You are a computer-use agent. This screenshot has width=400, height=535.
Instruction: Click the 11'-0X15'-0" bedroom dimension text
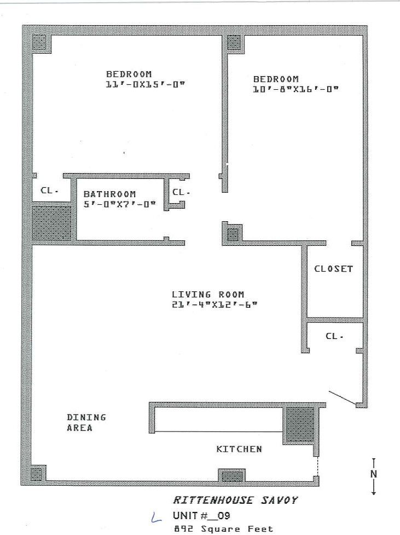(x=145, y=84)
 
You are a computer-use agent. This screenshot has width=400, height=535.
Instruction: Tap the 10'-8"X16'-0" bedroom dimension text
(x=295, y=89)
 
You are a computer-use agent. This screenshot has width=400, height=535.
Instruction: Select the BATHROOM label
(x=109, y=194)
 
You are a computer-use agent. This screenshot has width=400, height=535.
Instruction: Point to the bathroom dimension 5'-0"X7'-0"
(x=120, y=204)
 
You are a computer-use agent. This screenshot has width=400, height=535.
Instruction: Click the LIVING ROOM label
(x=208, y=294)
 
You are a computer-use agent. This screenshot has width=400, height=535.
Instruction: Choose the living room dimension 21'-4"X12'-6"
(x=215, y=304)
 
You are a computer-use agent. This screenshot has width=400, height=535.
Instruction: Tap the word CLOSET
(x=333, y=269)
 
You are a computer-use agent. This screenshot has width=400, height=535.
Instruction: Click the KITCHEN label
(x=239, y=449)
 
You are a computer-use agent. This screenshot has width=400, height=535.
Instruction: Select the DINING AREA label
(x=86, y=422)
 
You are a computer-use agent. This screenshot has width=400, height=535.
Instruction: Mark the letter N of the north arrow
(x=374, y=474)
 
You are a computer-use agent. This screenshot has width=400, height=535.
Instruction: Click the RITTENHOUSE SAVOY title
(x=236, y=500)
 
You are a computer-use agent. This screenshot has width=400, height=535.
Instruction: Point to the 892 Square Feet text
(x=224, y=529)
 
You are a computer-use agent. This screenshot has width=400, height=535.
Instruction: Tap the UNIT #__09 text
(x=201, y=515)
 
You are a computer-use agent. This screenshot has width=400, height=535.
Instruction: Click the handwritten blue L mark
(x=156, y=518)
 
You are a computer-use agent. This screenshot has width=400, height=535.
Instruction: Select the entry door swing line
(x=343, y=398)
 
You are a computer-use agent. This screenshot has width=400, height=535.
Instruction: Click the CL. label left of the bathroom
(x=49, y=191)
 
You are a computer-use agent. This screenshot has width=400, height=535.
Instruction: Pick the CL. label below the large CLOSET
(x=334, y=336)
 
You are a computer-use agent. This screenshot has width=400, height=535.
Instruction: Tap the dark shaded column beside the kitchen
(x=300, y=424)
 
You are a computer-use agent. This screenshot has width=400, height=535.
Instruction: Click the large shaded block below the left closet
(x=51, y=223)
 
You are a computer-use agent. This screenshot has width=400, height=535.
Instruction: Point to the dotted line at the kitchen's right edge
(x=318, y=466)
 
